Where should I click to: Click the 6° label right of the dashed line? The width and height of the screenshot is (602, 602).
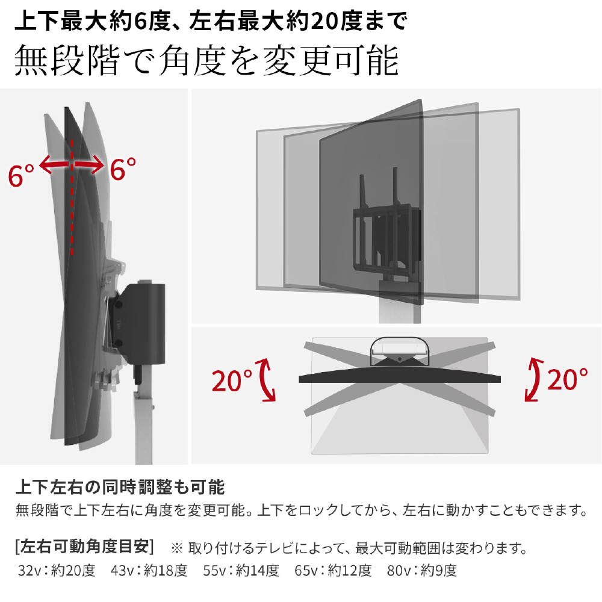[123, 169]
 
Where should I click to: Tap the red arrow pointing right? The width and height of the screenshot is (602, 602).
[89, 165]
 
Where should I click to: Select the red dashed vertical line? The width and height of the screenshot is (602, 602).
[72, 197]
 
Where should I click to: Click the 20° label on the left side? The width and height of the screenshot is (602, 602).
[232, 380]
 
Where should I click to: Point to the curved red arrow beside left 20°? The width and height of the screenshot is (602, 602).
[267, 380]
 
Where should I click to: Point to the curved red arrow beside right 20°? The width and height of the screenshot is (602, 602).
[533, 379]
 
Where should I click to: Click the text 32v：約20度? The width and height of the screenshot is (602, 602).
[57, 571]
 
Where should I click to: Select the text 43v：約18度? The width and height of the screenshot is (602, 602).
[149, 571]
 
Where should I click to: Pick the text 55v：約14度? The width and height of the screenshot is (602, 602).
[241, 571]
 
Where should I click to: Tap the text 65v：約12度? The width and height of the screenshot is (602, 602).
[334, 571]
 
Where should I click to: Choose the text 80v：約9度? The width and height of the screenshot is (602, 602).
[422, 571]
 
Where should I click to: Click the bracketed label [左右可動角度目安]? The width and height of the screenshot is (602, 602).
[84, 547]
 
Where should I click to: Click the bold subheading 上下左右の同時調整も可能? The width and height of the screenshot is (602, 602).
[120, 487]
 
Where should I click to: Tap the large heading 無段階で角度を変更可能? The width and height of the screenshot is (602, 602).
[206, 60]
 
